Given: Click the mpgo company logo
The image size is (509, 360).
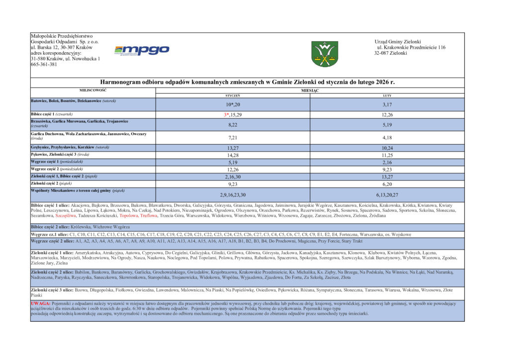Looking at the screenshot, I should (x=142, y=50).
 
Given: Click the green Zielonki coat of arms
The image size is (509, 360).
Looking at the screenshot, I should (x=325, y=54).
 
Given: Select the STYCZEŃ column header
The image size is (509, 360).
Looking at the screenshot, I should (x=233, y=95).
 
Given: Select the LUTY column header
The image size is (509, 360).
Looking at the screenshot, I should (x=387, y=95).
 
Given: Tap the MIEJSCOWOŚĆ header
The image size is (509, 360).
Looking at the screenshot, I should (x=93, y=90).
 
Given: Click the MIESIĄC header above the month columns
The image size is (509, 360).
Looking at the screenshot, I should (x=310, y=90).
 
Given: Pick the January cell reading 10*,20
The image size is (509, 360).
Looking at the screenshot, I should (x=233, y=105).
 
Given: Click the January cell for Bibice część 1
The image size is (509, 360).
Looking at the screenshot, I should (x=233, y=115).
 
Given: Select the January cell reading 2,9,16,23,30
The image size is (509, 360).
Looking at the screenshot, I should (x=233, y=194).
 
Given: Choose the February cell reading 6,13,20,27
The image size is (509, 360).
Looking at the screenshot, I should (x=387, y=194).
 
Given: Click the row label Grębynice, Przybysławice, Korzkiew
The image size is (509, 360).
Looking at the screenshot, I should (x=70, y=147).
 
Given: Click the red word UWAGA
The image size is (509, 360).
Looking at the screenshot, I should (x=41, y=303).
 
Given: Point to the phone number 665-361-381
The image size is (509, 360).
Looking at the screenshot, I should (x=44, y=64).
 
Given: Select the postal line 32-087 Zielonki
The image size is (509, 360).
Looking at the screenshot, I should (x=391, y=53).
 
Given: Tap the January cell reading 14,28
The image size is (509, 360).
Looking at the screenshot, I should (x=233, y=155).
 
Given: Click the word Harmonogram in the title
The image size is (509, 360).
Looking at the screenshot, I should (x=122, y=82).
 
